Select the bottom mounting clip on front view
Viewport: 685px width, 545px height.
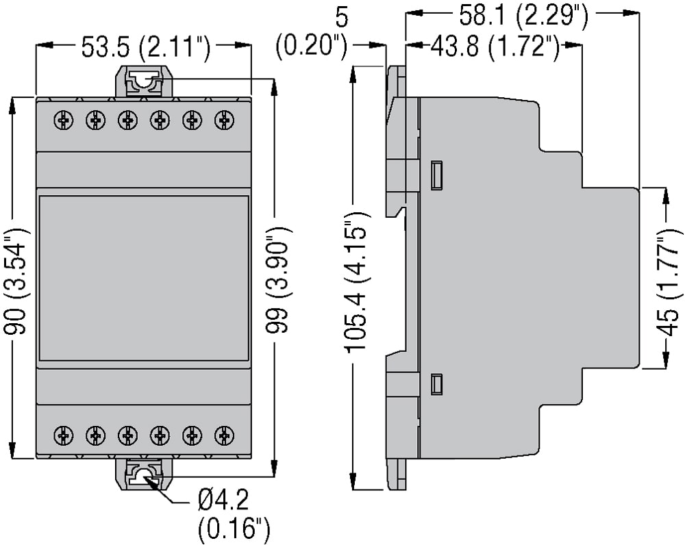(x=144, y=473)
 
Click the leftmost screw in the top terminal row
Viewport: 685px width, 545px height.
(x=64, y=121)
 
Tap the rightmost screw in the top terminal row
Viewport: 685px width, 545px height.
(x=223, y=121)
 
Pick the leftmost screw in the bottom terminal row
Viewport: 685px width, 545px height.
(x=64, y=435)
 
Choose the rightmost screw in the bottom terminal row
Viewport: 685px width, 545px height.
(x=223, y=435)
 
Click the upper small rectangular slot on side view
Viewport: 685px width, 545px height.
(x=435, y=175)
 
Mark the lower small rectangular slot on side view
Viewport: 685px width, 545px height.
(x=435, y=384)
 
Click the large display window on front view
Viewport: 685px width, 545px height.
(x=143, y=277)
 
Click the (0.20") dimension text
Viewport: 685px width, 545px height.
(x=311, y=47)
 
